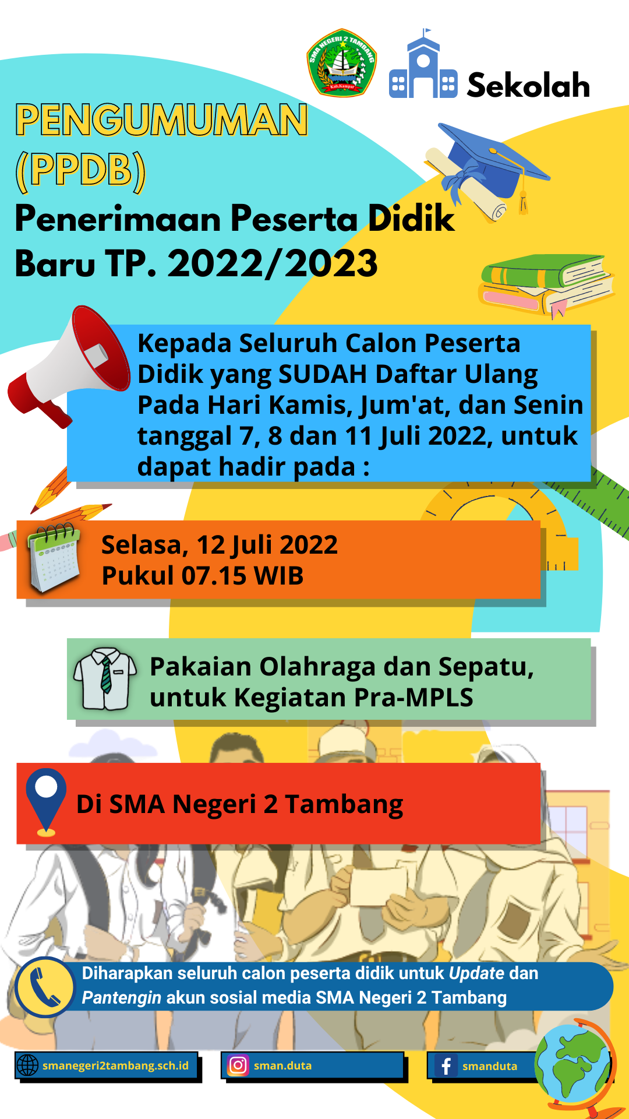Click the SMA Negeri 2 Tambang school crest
(342, 62)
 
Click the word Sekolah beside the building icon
(528, 85)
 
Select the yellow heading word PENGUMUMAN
(161, 120)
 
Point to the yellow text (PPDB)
(80, 170)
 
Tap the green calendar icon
(54, 557)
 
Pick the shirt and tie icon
(105, 678)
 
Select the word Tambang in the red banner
(344, 805)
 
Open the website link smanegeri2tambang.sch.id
(115, 1065)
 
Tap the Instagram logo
(238, 1065)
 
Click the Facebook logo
(446, 1066)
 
